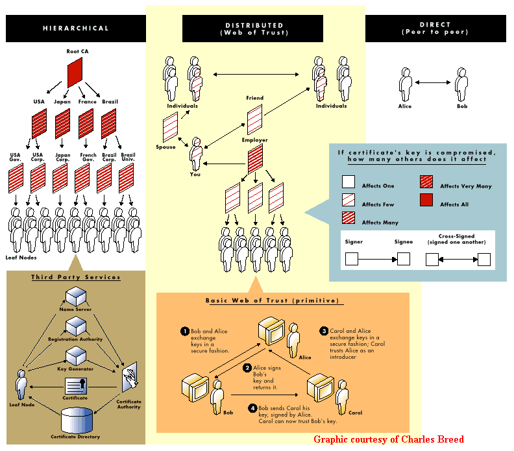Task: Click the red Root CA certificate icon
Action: pyautogui.click(x=75, y=72)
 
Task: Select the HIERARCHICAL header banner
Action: pyautogui.click(x=76, y=29)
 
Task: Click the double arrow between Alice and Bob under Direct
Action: pyautogui.click(x=434, y=82)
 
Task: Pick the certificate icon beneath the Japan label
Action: pyautogui.click(x=63, y=122)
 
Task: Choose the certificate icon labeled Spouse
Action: pyautogui.click(x=170, y=125)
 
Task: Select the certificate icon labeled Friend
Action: pyautogui.click(x=254, y=119)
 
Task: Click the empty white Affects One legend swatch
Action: pyautogui.click(x=349, y=182)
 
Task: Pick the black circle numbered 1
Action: pyautogui.click(x=184, y=332)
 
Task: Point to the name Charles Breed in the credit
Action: pyautogui.click(x=435, y=439)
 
